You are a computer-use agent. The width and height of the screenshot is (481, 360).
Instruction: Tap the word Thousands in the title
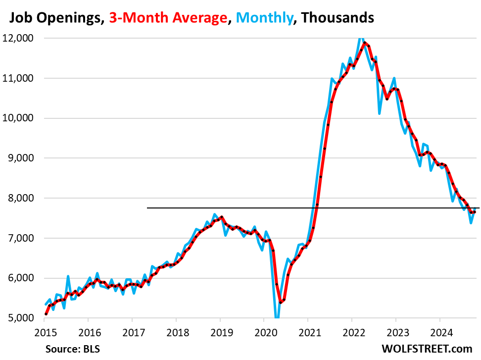point(337,18)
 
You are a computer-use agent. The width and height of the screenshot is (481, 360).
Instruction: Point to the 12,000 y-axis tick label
point(20,38)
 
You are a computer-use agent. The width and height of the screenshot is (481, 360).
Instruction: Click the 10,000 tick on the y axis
point(20,118)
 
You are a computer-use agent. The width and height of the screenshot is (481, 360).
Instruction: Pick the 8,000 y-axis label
point(21,198)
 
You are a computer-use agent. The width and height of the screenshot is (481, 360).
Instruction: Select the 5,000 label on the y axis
point(21,318)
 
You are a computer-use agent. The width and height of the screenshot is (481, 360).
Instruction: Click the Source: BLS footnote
point(73,349)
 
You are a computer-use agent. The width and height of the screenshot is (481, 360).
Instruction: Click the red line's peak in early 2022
point(365,43)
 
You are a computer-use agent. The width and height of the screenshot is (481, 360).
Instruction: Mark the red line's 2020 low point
point(280,302)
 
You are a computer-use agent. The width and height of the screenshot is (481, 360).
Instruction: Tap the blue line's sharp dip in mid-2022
point(380,113)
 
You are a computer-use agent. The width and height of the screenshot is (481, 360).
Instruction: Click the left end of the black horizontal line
point(147,208)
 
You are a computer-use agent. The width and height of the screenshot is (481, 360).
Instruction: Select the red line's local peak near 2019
point(221,217)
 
